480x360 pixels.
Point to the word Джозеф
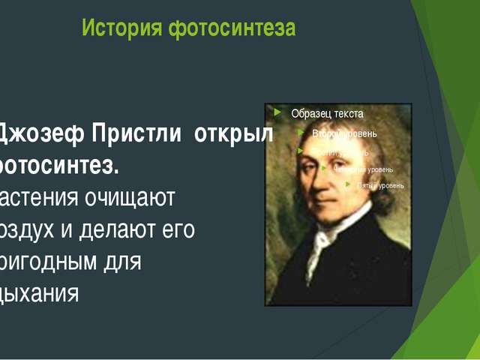[x=40, y=134]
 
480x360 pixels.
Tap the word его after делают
[x=180, y=229]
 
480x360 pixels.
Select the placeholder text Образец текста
[x=327, y=114]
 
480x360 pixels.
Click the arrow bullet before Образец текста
[x=278, y=113]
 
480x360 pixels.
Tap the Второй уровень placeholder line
[x=344, y=133]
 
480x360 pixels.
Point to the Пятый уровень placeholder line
[x=380, y=185]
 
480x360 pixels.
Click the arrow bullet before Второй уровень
[x=300, y=133]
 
